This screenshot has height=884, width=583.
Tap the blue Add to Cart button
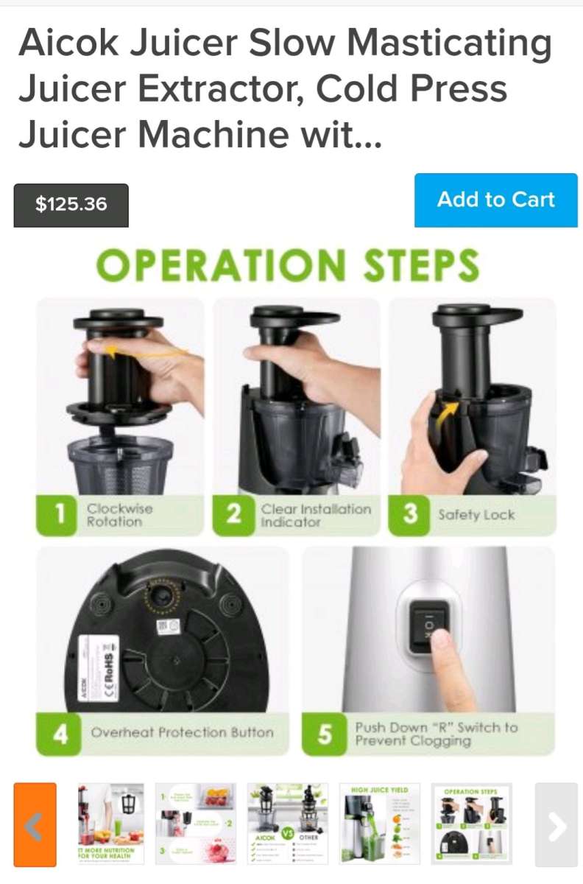click(495, 200)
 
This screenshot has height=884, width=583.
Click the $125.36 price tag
click(71, 205)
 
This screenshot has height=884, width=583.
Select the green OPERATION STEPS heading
click(288, 265)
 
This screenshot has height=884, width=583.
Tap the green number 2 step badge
click(233, 515)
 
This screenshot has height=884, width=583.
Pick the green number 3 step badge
click(409, 515)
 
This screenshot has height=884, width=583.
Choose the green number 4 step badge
click(58, 733)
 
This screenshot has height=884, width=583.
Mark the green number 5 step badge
click(325, 734)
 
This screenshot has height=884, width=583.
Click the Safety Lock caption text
click(476, 515)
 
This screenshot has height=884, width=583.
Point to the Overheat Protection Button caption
click(182, 733)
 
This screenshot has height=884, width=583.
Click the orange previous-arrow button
click(35, 824)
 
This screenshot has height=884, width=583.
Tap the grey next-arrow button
click(556, 824)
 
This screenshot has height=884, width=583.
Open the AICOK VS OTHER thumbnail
click(288, 824)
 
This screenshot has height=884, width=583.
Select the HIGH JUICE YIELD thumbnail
click(380, 824)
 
